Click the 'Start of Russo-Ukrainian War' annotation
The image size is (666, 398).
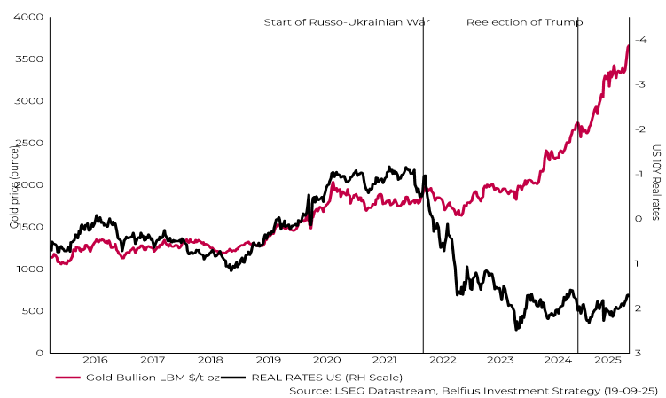(347, 21)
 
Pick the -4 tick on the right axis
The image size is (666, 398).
(640, 39)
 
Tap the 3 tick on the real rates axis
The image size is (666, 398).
(639, 353)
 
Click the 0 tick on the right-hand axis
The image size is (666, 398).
(639, 218)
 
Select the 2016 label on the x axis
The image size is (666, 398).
(95, 360)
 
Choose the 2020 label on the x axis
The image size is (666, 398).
(327, 360)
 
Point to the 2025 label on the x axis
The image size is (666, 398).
(607, 360)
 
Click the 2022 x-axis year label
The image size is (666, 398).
(443, 360)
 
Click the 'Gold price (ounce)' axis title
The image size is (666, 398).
(14, 185)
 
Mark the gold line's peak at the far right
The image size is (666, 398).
(628, 46)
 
